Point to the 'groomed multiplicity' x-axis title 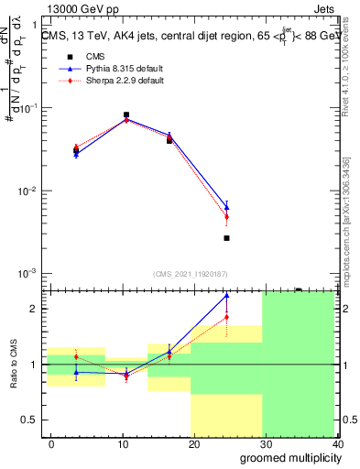pyautogui.click(x=286, y=457)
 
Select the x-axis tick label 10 pyautogui.click(x=123, y=443)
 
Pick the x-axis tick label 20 pyautogui.click(x=194, y=443)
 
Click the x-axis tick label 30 pyautogui.click(x=265, y=443)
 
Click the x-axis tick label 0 pyautogui.click(x=52, y=443)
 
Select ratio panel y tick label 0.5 pyautogui.click(x=30, y=420)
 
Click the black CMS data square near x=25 pyautogui.click(x=226, y=238)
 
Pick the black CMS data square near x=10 pyautogui.click(x=126, y=115)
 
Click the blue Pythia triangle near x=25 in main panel pyautogui.click(x=226, y=208)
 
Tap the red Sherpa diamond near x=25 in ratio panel pyautogui.click(x=226, y=317)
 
